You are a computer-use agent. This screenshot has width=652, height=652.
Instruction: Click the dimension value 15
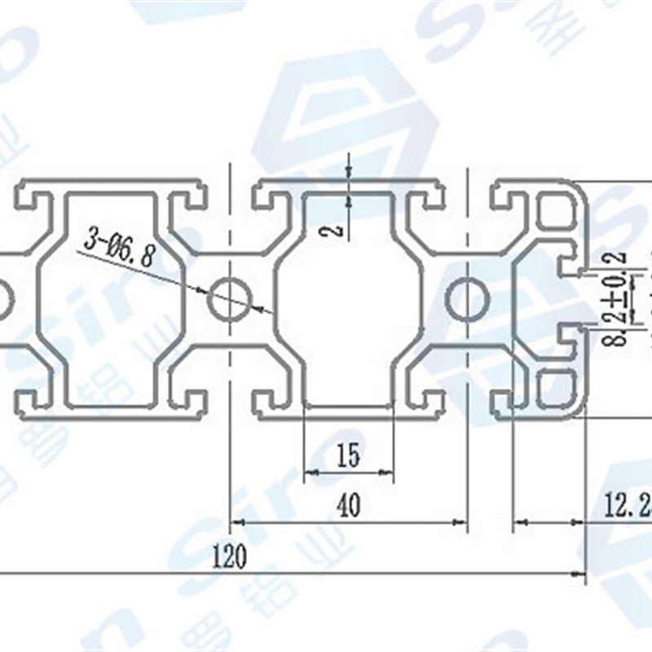348,456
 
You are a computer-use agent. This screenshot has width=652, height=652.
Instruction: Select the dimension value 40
348,506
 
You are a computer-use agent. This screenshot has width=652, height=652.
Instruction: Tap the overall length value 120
229,557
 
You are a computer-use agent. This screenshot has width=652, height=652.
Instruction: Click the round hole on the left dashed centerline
230,299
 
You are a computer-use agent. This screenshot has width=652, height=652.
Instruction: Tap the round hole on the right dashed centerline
467,301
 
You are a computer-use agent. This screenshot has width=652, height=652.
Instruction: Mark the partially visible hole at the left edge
3,299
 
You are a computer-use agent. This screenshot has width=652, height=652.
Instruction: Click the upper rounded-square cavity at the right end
557,213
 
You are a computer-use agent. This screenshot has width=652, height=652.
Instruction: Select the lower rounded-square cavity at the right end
557,387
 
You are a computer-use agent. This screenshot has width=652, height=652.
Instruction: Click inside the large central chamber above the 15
348,302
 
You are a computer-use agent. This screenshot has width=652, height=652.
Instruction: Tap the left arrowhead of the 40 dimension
237,522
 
